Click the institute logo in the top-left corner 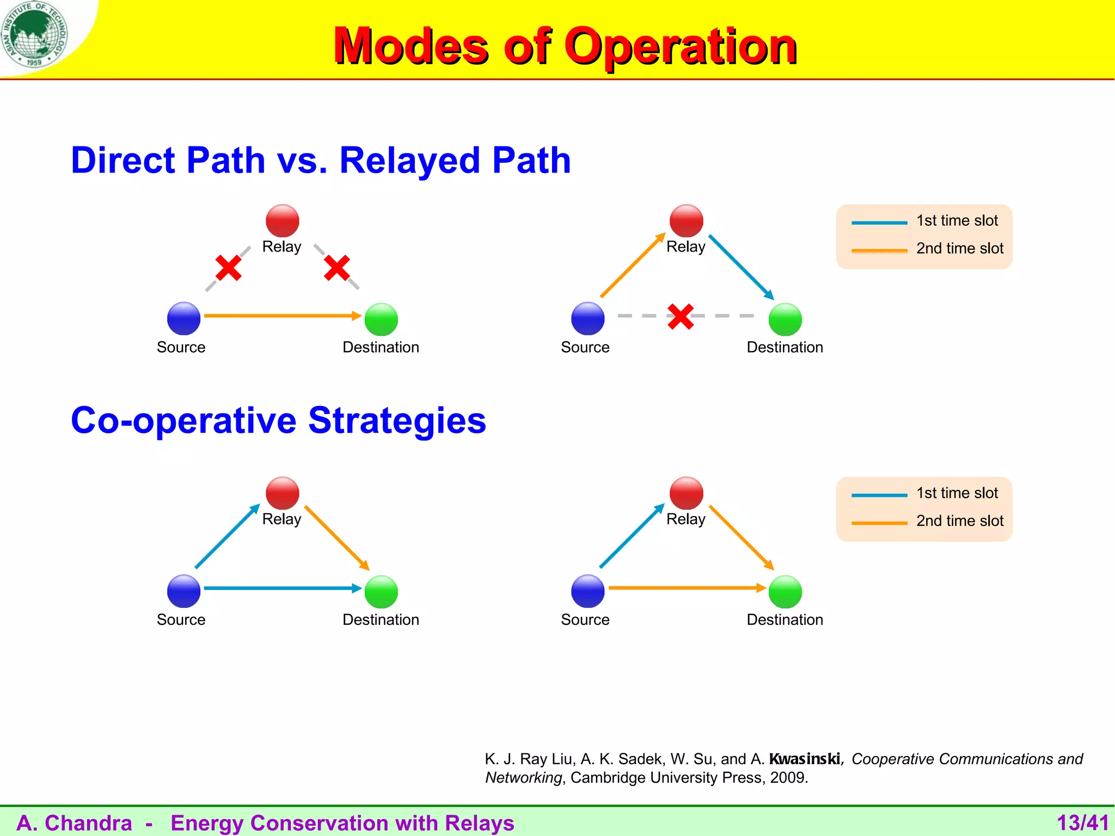click(x=34, y=34)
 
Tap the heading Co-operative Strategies click(x=278, y=420)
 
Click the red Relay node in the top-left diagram click(x=282, y=220)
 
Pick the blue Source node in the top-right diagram click(x=587, y=318)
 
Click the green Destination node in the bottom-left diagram click(x=381, y=592)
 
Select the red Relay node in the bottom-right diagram click(x=686, y=493)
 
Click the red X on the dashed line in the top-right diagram click(x=681, y=316)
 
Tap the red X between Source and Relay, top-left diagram click(x=228, y=268)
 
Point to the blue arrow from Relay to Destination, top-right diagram click(x=740, y=267)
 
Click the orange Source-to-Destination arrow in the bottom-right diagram click(x=686, y=588)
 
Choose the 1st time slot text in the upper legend click(x=957, y=220)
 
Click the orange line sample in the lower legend click(x=879, y=523)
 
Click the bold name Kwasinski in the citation click(x=805, y=759)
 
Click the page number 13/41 click(x=1082, y=822)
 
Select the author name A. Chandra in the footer click(x=75, y=823)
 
